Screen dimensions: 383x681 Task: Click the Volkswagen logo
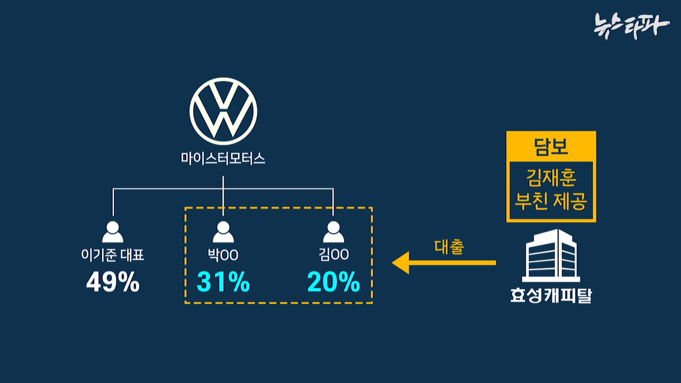click(x=223, y=110)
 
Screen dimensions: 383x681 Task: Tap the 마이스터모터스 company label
click(x=223, y=159)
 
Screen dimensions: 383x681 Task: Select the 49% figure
click(x=113, y=282)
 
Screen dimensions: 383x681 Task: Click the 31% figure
click(x=223, y=282)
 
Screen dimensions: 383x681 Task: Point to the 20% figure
click(x=334, y=282)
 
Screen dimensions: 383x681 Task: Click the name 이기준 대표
click(x=113, y=254)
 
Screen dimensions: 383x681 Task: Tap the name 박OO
click(x=223, y=254)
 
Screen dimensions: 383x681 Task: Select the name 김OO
click(x=334, y=254)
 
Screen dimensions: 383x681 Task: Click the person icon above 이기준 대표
click(x=113, y=232)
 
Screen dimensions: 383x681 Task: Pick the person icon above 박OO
click(x=223, y=232)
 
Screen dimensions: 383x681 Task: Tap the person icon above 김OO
click(x=333, y=232)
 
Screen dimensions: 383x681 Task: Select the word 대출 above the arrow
click(x=450, y=247)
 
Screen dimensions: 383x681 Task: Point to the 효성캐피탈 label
click(x=551, y=295)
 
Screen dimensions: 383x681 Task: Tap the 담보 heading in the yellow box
click(x=551, y=147)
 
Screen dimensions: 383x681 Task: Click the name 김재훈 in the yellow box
click(x=551, y=180)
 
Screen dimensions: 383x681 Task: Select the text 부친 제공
click(x=551, y=201)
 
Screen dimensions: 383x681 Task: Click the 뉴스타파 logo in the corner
click(x=631, y=24)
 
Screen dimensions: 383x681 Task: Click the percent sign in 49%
click(x=127, y=282)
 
